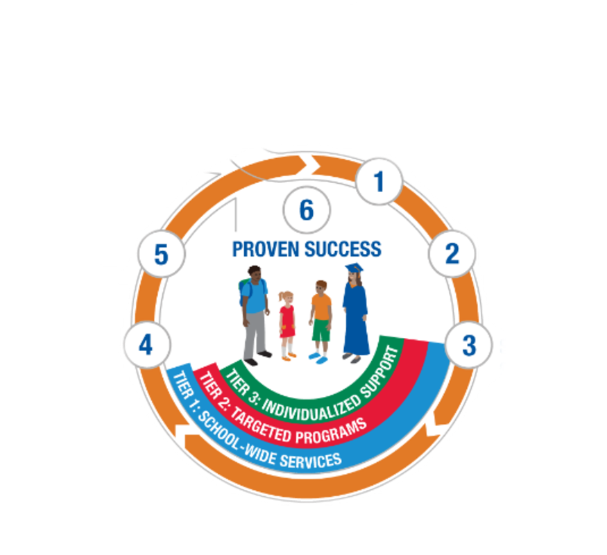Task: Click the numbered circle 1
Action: tap(379, 181)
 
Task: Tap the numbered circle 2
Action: tap(452, 254)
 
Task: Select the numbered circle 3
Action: tap(468, 345)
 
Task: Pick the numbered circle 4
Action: tap(146, 345)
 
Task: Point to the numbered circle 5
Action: tap(162, 254)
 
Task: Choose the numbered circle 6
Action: tap(307, 210)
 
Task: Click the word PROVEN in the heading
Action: tap(265, 249)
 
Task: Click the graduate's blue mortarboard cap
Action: tap(354, 268)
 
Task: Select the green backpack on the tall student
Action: tap(243, 289)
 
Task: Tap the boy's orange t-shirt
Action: tap(321, 307)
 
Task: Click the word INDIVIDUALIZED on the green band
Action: tap(311, 409)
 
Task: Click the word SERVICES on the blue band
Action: tap(311, 460)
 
